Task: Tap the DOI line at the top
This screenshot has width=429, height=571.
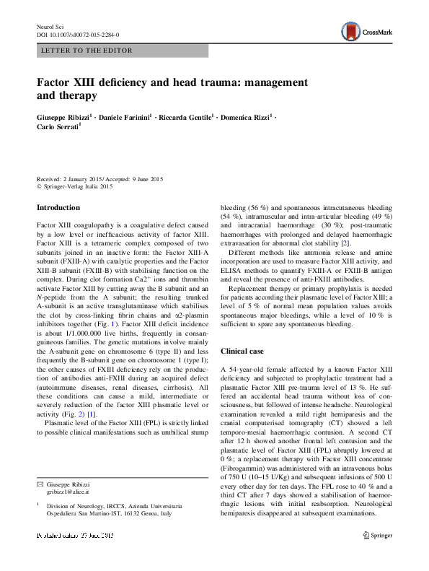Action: point(78,35)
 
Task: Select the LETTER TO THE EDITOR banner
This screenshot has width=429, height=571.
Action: point(76,51)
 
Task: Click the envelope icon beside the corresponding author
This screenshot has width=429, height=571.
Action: point(40,502)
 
